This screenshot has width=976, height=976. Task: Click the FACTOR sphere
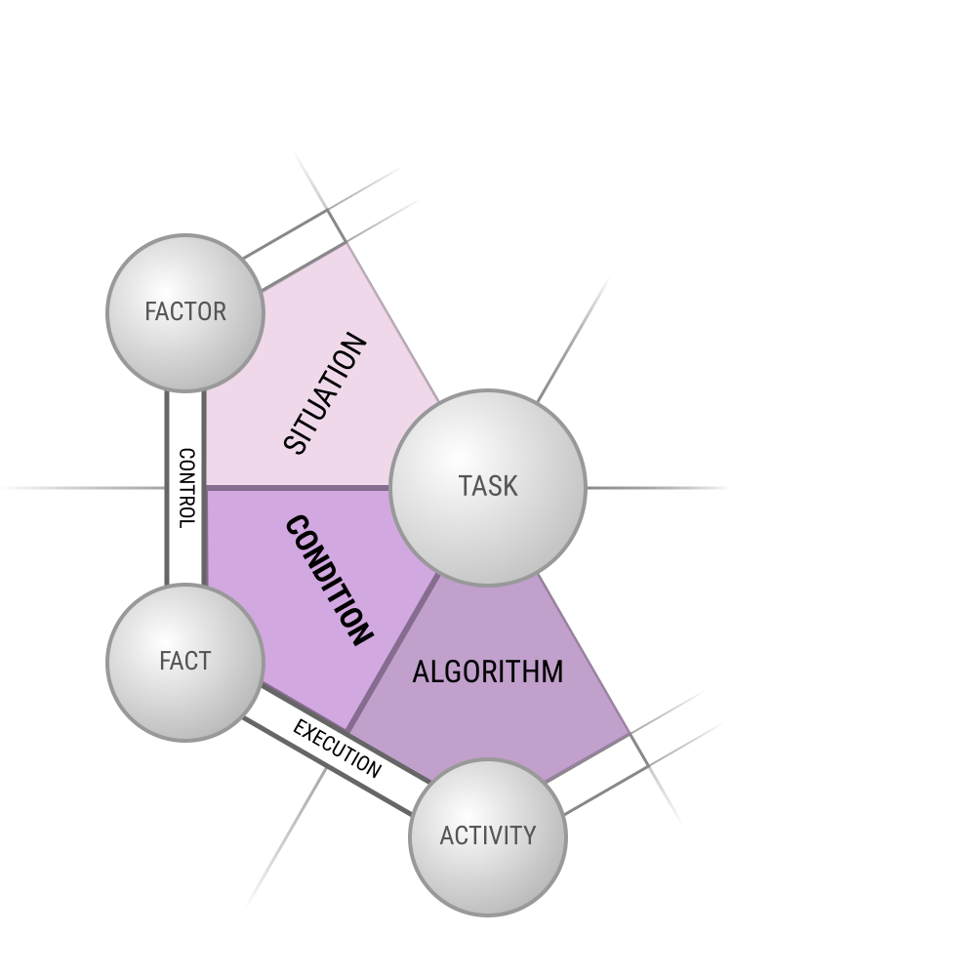tap(185, 313)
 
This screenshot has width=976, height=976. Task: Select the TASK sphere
tap(487, 487)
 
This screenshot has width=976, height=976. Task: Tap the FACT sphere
tap(185, 663)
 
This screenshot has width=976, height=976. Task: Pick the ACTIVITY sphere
tap(487, 837)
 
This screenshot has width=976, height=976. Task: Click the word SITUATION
tap(325, 393)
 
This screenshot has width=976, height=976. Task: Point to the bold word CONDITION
tap(329, 581)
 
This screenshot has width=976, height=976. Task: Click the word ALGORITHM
tap(487, 672)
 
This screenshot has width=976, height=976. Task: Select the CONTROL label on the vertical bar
tap(186, 488)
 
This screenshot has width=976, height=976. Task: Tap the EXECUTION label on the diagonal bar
tap(337, 749)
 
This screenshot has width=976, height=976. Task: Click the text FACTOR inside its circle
tap(185, 312)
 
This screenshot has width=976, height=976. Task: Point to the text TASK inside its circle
tap(488, 486)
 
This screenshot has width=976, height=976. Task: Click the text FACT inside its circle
tap(185, 661)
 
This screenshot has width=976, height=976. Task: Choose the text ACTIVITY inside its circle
tap(487, 835)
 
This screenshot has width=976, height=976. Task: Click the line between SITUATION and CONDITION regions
tap(298, 488)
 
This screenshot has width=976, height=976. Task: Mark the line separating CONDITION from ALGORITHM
tap(393, 653)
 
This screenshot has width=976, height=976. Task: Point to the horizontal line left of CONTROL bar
tap(83, 488)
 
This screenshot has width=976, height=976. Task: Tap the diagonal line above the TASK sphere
tap(573, 340)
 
